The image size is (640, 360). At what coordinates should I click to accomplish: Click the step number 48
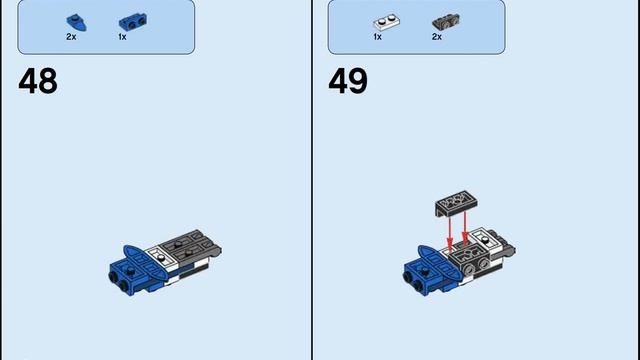coord(38,81)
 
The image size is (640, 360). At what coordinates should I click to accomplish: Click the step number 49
coord(348,81)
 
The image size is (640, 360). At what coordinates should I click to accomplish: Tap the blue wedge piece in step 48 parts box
coord(76,22)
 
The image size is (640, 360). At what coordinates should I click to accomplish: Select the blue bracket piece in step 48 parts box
coord(133,22)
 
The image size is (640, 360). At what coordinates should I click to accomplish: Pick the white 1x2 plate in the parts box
coord(386,22)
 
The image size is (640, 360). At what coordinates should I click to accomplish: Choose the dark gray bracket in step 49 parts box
coord(446,22)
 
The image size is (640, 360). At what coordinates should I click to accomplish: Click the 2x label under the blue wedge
coord(71,37)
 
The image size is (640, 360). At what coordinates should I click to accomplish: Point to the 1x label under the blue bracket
coord(122,37)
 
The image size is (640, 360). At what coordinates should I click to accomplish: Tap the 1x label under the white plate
coord(378,37)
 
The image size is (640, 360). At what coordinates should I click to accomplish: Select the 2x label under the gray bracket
coord(437,37)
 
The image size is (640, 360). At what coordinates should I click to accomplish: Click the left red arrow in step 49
coord(450,234)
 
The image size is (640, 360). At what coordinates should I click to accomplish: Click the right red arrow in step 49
coord(464,229)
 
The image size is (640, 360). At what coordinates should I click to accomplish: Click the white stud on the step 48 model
coord(162,258)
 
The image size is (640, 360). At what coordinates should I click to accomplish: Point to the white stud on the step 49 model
coord(485,239)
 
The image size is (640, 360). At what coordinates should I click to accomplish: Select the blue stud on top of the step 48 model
coord(131,270)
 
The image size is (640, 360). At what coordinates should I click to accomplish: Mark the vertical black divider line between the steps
coord(312,180)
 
